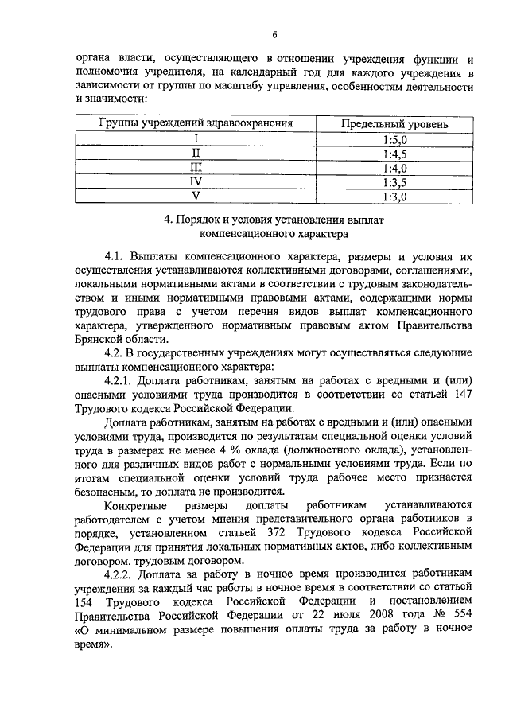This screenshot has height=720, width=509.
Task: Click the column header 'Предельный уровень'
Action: tap(394, 124)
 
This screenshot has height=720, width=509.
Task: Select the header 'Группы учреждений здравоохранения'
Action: tap(196, 124)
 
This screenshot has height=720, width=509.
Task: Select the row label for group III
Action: tap(196, 168)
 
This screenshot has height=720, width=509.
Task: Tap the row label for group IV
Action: tap(196, 182)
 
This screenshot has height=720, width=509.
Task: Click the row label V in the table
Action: tap(196, 197)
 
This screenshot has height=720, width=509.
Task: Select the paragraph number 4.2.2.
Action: tap(121, 573)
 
